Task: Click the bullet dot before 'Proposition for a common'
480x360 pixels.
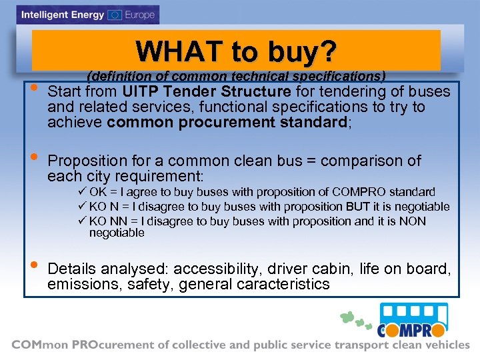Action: point(34,159)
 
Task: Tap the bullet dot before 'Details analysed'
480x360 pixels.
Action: point(34,267)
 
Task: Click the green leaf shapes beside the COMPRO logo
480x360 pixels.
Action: point(354,319)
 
